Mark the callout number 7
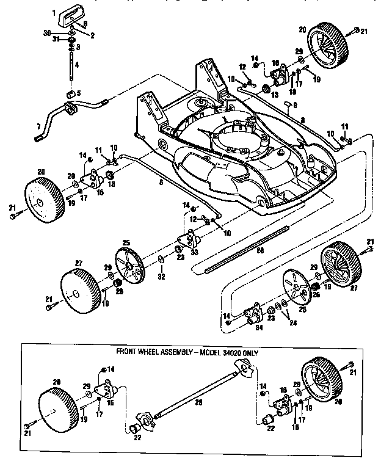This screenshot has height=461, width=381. pos(38,127)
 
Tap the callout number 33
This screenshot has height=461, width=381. pos(194,252)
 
